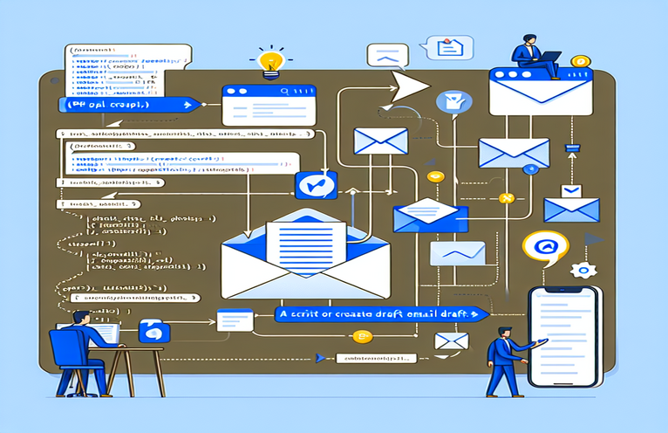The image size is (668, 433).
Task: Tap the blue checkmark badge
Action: (x=310, y=185)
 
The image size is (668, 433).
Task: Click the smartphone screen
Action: (x=564, y=336)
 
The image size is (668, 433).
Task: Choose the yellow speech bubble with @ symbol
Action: (x=545, y=248)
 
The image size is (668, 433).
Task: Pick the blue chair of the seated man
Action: (x=67, y=358)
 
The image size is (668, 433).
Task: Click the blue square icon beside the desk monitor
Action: (x=155, y=330)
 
